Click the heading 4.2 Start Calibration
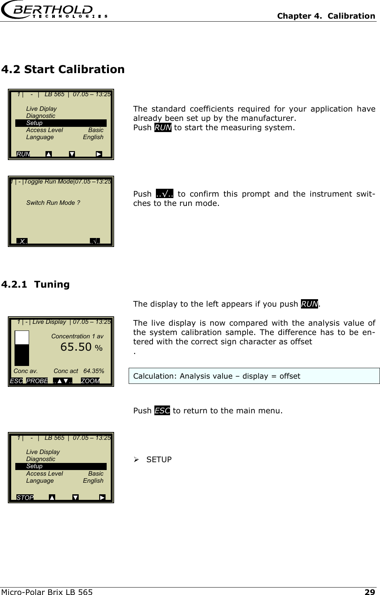(x=63, y=69)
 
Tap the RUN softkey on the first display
(x=23, y=154)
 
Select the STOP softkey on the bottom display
(x=25, y=498)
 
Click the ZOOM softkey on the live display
(x=90, y=381)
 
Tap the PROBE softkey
(x=37, y=381)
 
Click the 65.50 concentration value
(x=76, y=347)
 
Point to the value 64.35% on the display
(x=94, y=371)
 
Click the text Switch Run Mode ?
(x=53, y=203)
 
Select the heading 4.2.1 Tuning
(x=35, y=285)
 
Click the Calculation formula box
(x=254, y=376)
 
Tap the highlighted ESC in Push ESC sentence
(x=162, y=411)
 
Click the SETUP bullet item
(x=159, y=460)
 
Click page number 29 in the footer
(x=370, y=592)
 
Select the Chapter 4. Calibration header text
(x=326, y=16)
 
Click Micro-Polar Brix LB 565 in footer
(x=47, y=592)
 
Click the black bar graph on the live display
(x=22, y=355)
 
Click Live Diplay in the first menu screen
(x=41, y=109)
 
